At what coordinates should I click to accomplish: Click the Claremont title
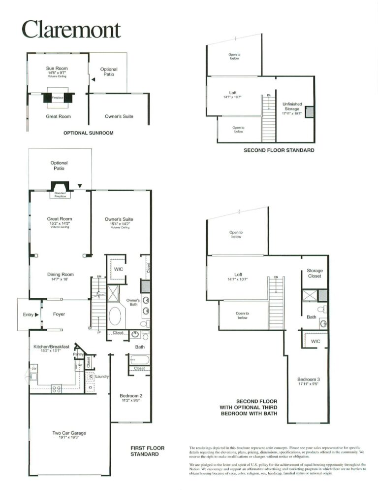click(x=71, y=29)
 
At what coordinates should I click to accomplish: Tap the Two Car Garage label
click(x=69, y=433)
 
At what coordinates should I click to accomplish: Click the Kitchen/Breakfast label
click(x=52, y=347)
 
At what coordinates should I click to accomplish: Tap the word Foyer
click(x=59, y=314)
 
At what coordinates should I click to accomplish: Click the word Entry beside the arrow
click(x=28, y=315)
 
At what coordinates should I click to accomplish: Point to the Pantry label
click(x=78, y=354)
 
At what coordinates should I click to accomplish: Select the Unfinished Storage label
click(x=292, y=106)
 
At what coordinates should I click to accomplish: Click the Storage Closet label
click(x=315, y=273)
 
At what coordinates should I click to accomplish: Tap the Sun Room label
click(x=57, y=69)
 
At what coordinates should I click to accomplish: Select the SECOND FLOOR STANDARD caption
click(x=279, y=150)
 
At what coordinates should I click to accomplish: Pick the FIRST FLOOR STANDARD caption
click(x=147, y=451)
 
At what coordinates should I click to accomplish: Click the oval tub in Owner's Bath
click(x=115, y=316)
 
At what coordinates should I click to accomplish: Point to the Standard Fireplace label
click(x=60, y=194)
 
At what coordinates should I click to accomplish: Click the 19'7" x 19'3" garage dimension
click(x=69, y=438)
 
